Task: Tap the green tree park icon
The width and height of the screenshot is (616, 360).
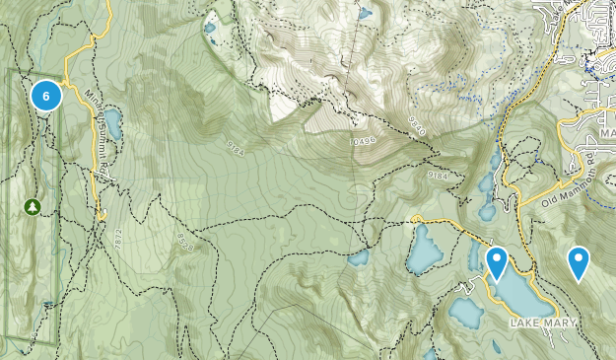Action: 32,207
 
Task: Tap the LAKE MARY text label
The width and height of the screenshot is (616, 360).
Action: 539,324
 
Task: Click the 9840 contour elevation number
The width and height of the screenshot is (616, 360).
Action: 418,124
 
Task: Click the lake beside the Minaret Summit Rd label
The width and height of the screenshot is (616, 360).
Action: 113,123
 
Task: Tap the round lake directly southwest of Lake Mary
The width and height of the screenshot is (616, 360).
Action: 465,312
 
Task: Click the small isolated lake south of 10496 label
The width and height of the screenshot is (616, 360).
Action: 359,259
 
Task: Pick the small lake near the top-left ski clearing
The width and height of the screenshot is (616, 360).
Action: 210,28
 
